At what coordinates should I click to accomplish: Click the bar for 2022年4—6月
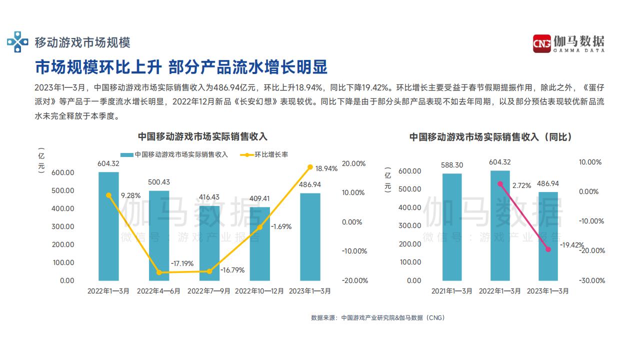tap(159, 235)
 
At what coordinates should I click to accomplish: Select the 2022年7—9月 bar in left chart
tap(209, 242)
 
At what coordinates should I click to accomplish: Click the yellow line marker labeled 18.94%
tap(310, 167)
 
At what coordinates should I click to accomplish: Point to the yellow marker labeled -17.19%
tap(159, 272)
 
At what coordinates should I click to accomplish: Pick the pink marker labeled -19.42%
tap(548, 249)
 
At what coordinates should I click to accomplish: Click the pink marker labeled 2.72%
tap(500, 184)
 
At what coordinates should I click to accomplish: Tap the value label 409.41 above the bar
tap(259, 198)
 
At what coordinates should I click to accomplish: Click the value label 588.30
tap(451, 165)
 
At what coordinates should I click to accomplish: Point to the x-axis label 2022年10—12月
tap(259, 290)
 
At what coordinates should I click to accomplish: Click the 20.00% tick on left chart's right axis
tap(353, 163)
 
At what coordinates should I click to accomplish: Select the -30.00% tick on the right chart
tap(591, 280)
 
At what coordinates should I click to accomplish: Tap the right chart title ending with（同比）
tap(490, 136)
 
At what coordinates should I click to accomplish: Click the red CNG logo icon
tap(541, 43)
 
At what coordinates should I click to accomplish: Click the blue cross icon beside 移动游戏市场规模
tap(17, 42)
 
